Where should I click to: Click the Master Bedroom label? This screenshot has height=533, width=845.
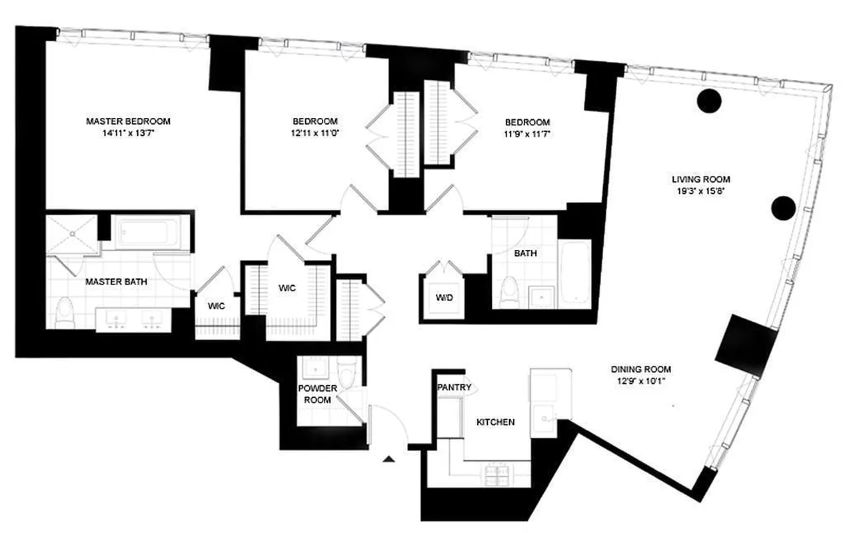pos(128,121)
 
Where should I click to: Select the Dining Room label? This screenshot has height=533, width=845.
pos(640,369)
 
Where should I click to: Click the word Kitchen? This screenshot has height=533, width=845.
pos(495,422)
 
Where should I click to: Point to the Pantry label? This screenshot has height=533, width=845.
pos(454,387)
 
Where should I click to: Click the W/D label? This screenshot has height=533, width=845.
pos(444,297)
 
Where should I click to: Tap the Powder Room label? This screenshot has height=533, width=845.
pos(317,394)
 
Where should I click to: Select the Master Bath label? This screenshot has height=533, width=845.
pos(116,282)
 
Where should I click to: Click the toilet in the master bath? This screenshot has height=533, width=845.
pos(65,310)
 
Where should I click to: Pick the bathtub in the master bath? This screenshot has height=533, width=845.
pos(149,233)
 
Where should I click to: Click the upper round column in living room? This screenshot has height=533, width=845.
pos(709,101)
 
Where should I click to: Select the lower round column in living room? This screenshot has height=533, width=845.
pos(783,209)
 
